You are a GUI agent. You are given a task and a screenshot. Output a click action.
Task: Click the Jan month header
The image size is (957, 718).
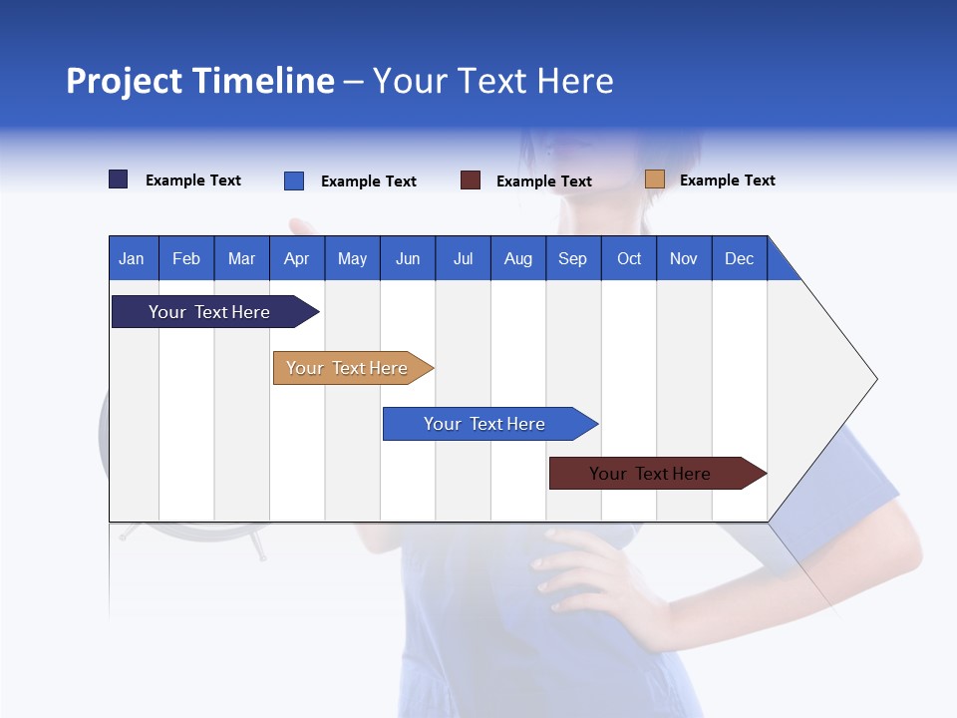tap(132, 258)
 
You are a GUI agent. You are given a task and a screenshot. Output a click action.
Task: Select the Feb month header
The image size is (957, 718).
tap(186, 258)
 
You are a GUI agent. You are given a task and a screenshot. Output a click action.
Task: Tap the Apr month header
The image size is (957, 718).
tap(296, 258)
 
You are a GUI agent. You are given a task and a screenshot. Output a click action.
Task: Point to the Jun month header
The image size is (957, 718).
tap(408, 258)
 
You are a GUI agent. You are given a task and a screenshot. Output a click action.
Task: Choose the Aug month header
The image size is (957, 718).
tap(517, 258)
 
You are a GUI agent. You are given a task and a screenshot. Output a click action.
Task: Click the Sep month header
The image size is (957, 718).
tap(572, 258)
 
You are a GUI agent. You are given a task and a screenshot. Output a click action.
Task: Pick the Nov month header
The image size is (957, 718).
tap(683, 258)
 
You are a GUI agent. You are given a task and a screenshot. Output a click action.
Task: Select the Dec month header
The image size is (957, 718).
tap(739, 258)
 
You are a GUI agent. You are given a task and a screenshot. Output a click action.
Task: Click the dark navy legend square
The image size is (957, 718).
tap(119, 179)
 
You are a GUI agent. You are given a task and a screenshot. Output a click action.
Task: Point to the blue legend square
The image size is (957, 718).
tap(294, 180)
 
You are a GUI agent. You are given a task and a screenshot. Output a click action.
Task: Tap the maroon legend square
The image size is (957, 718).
tap(471, 180)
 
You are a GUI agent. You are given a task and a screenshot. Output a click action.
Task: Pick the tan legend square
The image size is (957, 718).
tap(654, 179)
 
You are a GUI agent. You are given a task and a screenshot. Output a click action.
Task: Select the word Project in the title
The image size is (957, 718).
tap(124, 81)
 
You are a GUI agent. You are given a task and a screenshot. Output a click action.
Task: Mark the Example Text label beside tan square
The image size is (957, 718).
tap(727, 180)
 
